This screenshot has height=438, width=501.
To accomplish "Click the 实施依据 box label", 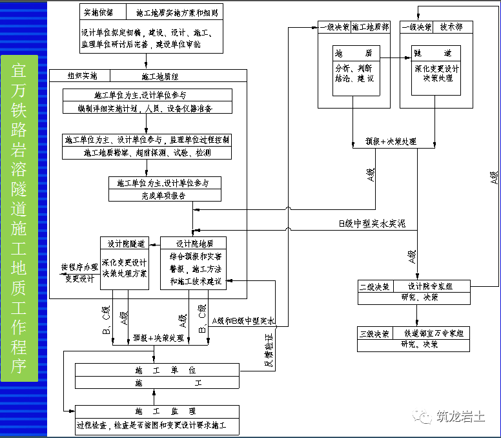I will (97, 12).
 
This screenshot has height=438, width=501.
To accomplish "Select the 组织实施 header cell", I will (82, 76).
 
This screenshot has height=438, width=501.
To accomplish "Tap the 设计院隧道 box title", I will (125, 244).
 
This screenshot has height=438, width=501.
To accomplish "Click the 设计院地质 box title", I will (192, 244).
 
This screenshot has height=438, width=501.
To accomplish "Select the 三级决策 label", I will (373, 334).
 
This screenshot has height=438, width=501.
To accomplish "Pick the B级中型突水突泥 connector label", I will (376, 224).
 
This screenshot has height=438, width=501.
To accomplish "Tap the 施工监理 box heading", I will (157, 412).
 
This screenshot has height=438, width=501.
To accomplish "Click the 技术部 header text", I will (452, 27).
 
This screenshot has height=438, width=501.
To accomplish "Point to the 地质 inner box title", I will (354, 54).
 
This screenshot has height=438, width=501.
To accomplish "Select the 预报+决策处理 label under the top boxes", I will (391, 141).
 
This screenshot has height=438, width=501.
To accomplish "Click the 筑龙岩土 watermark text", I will (460, 417).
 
